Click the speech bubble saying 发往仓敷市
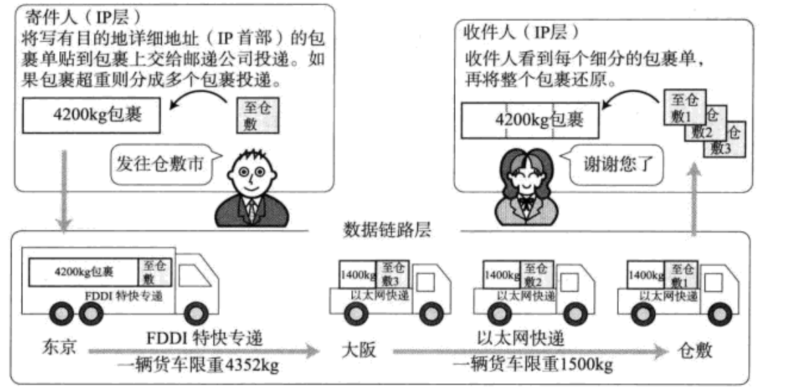coord(161,164)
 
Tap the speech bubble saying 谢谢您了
coord(611,164)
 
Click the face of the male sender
coord(249,176)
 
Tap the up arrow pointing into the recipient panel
coord(695,202)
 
